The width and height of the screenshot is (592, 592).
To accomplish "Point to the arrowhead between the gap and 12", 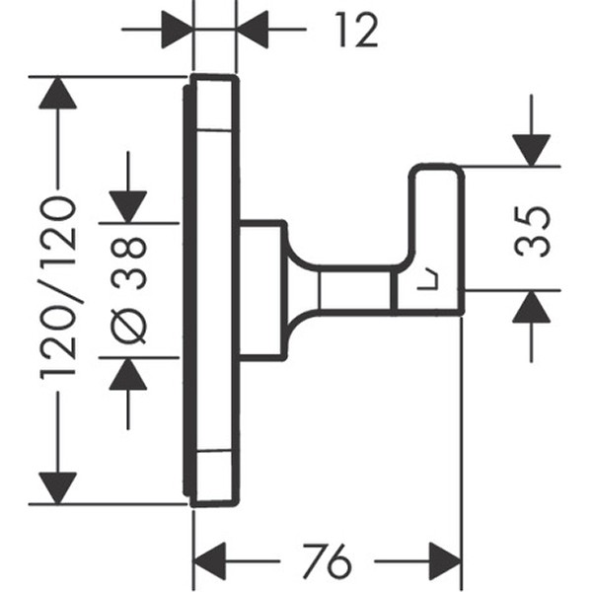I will pyautogui.click(x=254, y=30).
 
